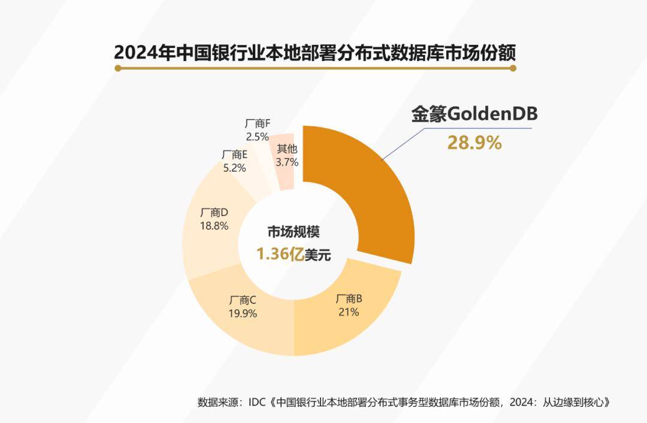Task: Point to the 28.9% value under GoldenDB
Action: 474,143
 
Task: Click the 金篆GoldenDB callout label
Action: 474,114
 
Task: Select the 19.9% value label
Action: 243,313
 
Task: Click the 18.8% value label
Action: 214,226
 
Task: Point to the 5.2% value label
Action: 234,168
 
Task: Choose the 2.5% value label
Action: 257,136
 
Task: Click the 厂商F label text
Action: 258,123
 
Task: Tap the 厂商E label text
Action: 234,155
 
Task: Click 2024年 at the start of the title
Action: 140,52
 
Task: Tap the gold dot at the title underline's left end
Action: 118,69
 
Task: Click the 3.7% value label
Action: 287,162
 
